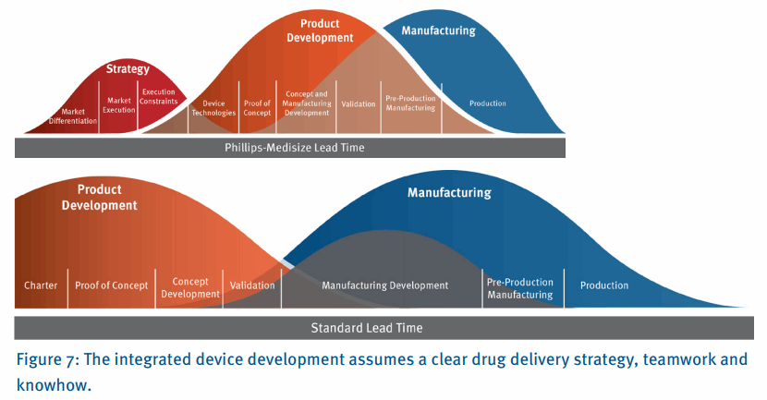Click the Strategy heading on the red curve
tap(128, 68)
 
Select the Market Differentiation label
tap(73, 116)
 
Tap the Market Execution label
tap(118, 105)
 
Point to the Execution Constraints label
tap(159, 96)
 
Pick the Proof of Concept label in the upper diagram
tap(257, 108)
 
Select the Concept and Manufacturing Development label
tap(306, 103)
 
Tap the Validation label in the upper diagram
tap(359, 104)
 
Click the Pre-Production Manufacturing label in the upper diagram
tap(410, 103)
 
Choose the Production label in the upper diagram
tap(488, 103)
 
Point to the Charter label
tap(41, 285)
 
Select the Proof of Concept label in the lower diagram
tap(111, 285)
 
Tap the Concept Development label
tap(190, 288)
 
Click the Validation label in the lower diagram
tap(252, 285)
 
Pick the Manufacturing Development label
tap(384, 285)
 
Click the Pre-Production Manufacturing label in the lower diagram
tap(520, 289)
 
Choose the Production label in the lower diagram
tap(604, 285)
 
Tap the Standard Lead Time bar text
tap(366, 328)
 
